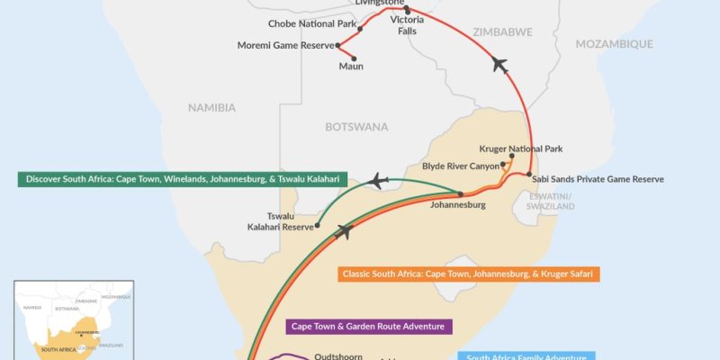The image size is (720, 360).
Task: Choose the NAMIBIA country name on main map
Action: pos(211,108)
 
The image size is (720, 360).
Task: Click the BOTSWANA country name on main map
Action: pos(356,127)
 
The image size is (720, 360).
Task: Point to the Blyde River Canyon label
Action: pos(463,166)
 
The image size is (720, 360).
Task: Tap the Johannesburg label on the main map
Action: pos(458,205)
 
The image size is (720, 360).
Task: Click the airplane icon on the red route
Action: pos(501,65)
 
